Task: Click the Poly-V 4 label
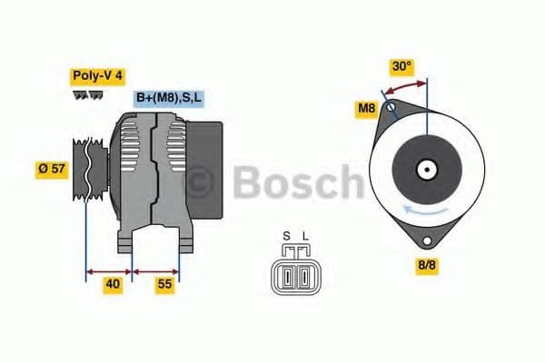tap(97, 76)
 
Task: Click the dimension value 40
tap(112, 284)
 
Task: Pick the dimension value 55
tap(164, 284)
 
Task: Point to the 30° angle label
tap(401, 66)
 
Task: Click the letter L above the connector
tap(305, 238)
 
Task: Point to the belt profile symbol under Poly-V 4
tap(87, 94)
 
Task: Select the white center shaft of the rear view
tap(425, 169)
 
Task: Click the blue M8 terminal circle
tap(391, 107)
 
